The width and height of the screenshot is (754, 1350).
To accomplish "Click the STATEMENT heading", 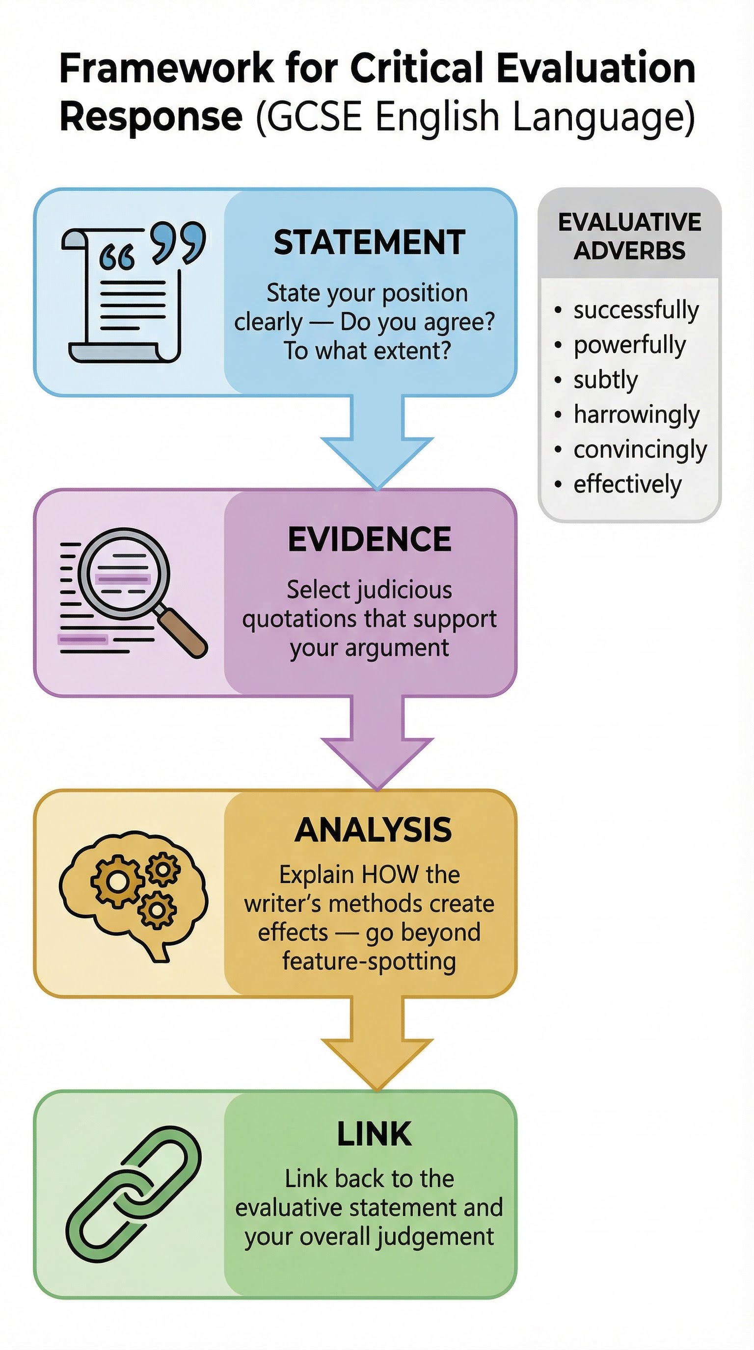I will coord(369,242).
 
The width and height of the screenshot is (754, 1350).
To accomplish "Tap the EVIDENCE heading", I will coord(369,539).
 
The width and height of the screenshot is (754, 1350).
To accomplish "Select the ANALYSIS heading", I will coord(373,830).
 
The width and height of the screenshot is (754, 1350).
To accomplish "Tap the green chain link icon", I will coord(134,1194).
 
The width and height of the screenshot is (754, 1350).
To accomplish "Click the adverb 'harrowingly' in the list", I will coord(636,415).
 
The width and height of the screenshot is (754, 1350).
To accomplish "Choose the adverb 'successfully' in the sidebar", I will coord(636,310).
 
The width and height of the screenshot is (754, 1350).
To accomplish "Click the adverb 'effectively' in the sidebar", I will coord(627,484).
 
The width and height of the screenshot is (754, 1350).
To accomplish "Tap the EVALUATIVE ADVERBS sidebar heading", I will coord(629,236).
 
